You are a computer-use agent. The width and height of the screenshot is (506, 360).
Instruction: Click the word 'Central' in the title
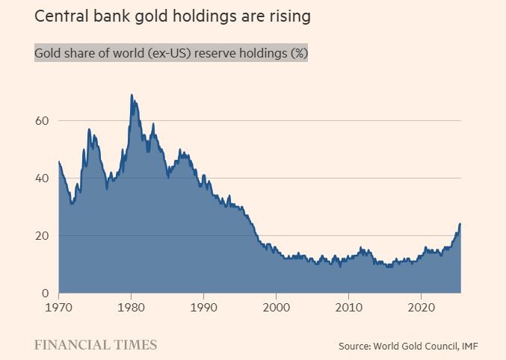[61, 15]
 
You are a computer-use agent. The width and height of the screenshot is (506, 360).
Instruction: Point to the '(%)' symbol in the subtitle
[294, 55]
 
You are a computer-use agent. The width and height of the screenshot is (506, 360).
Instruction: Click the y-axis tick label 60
[43, 121]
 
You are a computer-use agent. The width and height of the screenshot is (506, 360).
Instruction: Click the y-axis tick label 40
[43, 179]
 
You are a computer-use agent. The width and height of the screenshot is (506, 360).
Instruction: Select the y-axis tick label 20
[43, 236]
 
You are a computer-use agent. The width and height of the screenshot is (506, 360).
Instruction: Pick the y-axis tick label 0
[47, 294]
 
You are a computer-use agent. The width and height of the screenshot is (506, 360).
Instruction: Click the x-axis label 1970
[58, 307]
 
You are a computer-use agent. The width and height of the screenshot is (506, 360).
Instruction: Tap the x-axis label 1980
[132, 307]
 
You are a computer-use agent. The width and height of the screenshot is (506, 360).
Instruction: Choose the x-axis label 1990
[204, 307]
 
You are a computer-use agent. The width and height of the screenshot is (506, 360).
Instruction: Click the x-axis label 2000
[277, 307]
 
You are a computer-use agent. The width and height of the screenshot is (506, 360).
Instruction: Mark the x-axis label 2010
[349, 307]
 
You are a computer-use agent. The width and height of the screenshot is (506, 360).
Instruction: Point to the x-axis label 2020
[422, 307]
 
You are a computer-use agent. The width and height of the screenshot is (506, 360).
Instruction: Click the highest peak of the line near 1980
[132, 95]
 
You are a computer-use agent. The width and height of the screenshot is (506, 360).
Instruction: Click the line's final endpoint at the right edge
[460, 224]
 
